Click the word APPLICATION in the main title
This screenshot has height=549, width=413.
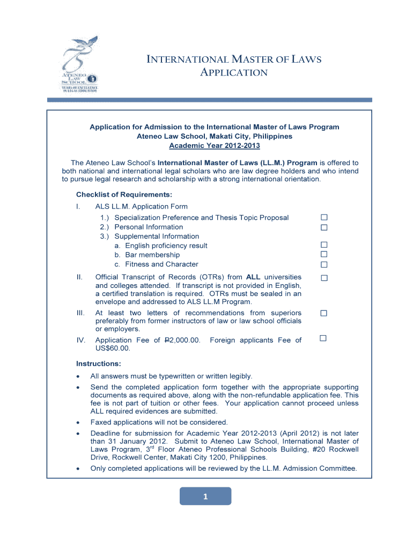[x=233, y=72]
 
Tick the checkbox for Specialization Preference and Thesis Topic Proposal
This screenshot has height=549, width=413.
[x=323, y=218]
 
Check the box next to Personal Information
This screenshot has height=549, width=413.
[x=323, y=227]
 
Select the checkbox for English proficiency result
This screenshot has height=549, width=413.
[x=323, y=246]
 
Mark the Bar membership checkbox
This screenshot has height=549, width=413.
[x=323, y=255]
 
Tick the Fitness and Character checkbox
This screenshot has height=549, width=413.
[x=323, y=264]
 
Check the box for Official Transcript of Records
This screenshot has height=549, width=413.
[x=323, y=278]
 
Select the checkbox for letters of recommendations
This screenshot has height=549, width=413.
[x=323, y=313]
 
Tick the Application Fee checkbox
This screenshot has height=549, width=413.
[x=323, y=338]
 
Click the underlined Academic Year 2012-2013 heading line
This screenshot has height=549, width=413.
[x=214, y=146]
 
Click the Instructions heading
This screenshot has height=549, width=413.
[x=98, y=363]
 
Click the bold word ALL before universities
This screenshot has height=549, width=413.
[x=254, y=277]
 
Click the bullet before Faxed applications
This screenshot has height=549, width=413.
[x=79, y=422]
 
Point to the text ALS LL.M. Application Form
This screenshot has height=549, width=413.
[x=141, y=206]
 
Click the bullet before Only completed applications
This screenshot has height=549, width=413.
[x=79, y=469]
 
